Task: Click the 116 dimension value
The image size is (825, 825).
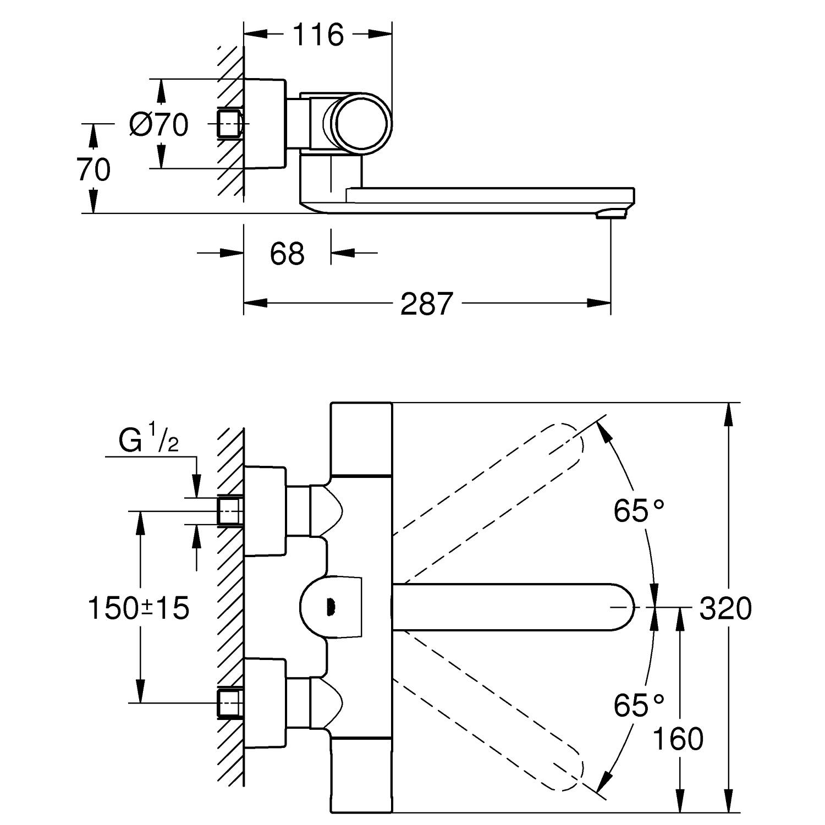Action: (318, 35)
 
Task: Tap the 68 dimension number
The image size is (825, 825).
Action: (287, 254)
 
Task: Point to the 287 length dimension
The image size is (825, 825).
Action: (426, 304)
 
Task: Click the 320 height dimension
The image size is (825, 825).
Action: (725, 609)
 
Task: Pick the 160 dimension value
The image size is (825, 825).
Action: (678, 739)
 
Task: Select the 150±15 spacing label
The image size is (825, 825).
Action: (139, 608)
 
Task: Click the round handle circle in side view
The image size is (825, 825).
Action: (364, 122)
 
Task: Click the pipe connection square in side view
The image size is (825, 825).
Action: (230, 123)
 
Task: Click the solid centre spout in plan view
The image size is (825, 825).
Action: (512, 607)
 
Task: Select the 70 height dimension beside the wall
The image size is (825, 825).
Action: (94, 169)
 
